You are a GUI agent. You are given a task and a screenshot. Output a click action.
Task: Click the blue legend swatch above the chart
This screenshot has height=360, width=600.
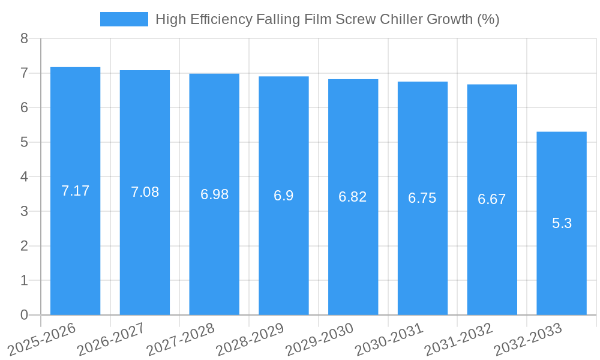[124, 19]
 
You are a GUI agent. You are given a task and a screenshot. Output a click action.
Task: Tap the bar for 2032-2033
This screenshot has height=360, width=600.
[562, 270]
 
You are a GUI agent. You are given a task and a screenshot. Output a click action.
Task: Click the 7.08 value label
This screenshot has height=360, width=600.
[145, 192]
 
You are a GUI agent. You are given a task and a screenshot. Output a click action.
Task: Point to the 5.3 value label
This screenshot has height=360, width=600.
[562, 223]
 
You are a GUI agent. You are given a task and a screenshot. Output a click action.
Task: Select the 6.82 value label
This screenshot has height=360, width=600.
[353, 197]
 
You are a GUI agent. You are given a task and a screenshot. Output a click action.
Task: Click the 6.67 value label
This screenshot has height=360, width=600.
[492, 199]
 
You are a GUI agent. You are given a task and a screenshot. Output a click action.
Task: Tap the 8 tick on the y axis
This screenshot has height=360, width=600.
[24, 38]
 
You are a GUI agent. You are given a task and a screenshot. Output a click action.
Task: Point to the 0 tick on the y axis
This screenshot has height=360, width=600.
[24, 315]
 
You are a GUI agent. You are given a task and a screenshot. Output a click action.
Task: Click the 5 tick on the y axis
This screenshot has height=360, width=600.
[24, 142]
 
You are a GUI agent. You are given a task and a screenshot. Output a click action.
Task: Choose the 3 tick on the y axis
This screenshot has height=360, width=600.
[24, 211]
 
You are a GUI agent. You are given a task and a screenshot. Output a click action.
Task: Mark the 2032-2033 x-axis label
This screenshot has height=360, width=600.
[529, 338]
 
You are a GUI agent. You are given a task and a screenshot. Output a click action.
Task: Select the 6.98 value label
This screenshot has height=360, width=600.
[214, 194]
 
